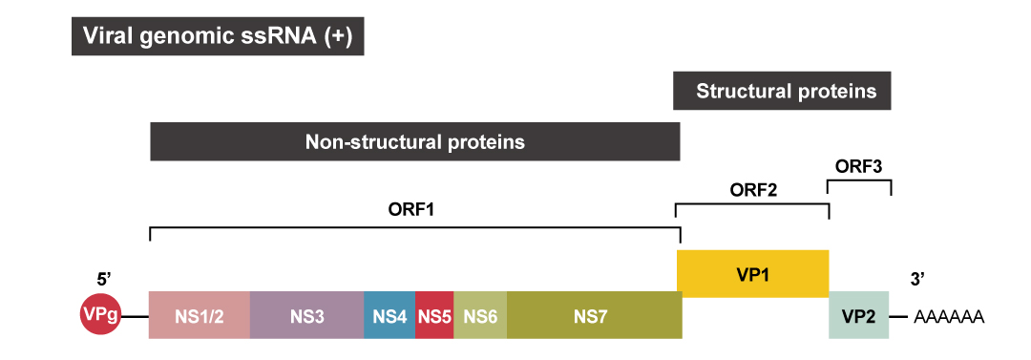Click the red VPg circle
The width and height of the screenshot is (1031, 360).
click(101, 315)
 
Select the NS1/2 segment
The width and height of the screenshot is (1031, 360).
click(200, 315)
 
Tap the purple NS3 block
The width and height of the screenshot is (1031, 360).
click(306, 315)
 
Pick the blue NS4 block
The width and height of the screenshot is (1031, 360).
click(389, 315)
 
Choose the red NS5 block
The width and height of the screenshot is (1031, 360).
click(434, 315)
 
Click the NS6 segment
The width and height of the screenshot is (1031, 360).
click(480, 315)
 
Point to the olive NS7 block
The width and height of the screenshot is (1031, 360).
click(594, 315)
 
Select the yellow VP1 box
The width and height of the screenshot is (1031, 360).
click(752, 273)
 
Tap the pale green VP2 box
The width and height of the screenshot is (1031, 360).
click(858, 315)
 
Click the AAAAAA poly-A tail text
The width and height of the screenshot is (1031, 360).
click(949, 316)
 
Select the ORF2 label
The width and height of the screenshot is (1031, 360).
click(752, 189)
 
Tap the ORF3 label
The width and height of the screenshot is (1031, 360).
click(858, 166)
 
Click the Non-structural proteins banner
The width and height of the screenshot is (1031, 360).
click(414, 142)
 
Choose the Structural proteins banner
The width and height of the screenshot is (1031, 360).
click(786, 92)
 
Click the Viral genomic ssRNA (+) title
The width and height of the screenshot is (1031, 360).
click(219, 36)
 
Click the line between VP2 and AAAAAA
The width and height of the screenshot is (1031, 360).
click(900, 315)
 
